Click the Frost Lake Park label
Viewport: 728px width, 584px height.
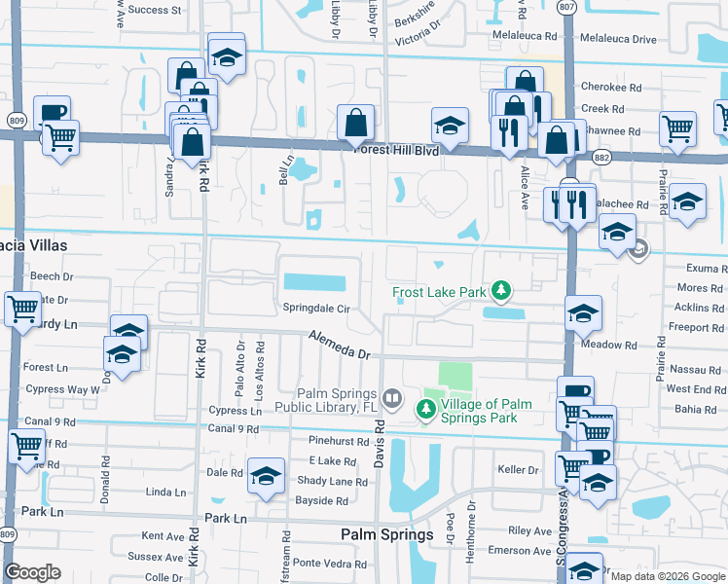coord(440,292)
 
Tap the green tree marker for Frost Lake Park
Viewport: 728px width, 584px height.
coord(501,290)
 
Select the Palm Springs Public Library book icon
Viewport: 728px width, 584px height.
coord(391,397)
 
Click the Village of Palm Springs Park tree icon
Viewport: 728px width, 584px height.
coord(426,412)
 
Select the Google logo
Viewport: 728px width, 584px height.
coord(32,572)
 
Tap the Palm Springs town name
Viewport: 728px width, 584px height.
coord(386,535)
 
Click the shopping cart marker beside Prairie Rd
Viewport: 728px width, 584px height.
coord(676,128)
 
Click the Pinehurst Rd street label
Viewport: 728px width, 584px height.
coord(337,442)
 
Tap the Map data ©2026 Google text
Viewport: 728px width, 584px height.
coord(668,576)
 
